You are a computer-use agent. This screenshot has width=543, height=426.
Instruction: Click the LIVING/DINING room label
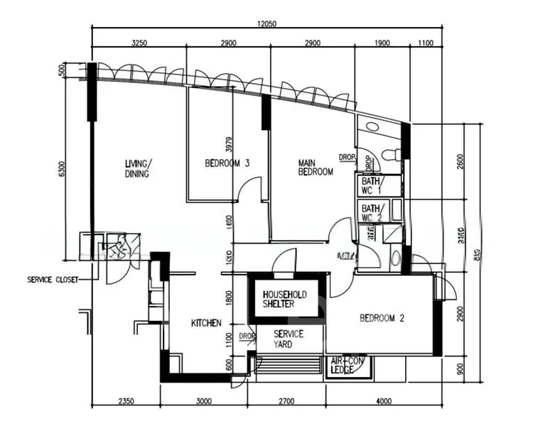139,168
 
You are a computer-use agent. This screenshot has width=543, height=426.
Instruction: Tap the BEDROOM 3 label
227,163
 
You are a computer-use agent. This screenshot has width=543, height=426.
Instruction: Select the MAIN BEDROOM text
315,167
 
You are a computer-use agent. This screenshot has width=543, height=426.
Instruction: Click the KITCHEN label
206,323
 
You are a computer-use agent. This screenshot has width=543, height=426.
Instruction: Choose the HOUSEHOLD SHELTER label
285,299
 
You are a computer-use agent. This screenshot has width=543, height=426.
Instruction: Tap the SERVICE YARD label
289,339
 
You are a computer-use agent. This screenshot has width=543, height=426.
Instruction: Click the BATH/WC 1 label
372,185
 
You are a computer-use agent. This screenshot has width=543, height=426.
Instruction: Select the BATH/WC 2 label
372,212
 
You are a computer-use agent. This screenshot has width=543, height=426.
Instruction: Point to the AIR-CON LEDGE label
345,366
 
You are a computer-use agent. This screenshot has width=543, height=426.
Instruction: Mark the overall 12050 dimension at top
267,23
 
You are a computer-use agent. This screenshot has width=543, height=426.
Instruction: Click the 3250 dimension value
139,43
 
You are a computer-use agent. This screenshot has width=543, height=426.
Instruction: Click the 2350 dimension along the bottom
125,402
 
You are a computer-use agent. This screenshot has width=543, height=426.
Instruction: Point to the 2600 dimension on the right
460,161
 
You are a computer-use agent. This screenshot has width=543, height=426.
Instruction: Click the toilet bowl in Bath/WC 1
390,154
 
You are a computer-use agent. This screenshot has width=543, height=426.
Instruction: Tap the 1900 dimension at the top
382,43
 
